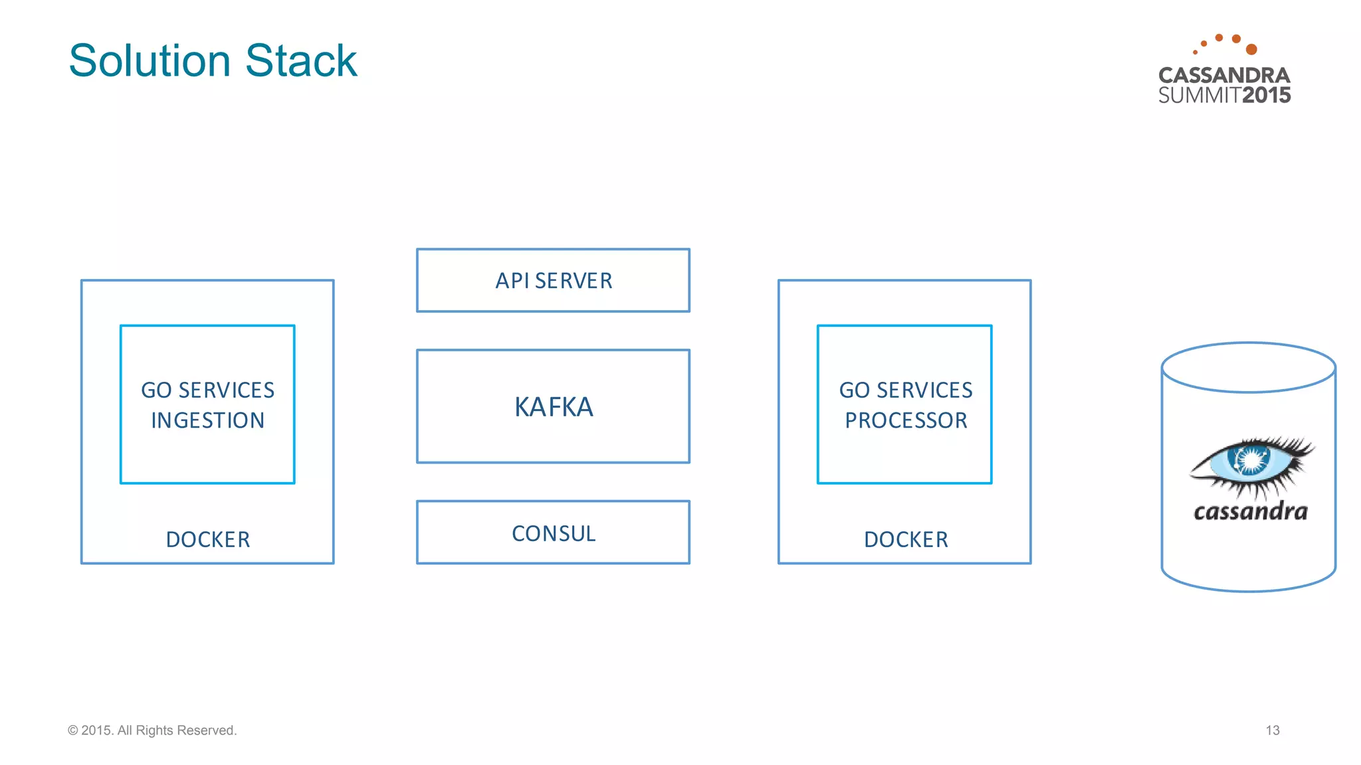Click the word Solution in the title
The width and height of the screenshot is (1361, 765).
pos(150,61)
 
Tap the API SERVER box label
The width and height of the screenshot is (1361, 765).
pos(554,281)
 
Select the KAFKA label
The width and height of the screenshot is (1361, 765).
pos(554,407)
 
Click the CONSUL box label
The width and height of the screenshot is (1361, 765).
pos(554,533)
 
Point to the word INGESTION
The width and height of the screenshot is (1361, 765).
pos(207,420)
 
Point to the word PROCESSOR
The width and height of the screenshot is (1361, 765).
pos(906,420)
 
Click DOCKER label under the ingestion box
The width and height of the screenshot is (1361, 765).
pos(207,539)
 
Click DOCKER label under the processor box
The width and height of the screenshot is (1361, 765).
pos(906,539)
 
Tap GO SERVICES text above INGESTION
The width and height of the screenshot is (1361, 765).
pos(207,390)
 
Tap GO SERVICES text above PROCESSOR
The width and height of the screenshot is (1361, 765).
pos(906,390)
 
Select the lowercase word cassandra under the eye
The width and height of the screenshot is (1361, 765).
pos(1251,511)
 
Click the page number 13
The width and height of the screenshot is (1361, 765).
pos(1272,730)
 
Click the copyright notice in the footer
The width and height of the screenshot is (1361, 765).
pos(152,730)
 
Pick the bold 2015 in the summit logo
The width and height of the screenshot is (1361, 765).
pos(1266,96)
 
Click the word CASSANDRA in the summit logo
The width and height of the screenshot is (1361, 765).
pos(1224,75)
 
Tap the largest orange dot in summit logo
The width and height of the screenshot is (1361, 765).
pos(1251,49)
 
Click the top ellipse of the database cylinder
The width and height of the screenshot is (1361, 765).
pos(1248,367)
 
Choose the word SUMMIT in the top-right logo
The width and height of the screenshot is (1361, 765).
pos(1199,96)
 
